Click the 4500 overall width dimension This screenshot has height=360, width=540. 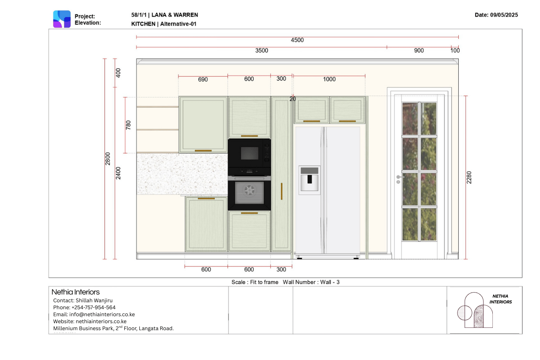[297, 40]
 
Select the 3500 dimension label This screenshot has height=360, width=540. [261, 50]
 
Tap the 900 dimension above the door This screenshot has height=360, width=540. [419, 50]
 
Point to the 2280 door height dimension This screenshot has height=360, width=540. [469, 177]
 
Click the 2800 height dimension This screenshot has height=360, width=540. [108, 159]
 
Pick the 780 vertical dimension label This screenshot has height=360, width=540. [128, 125]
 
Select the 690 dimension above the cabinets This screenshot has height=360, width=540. [203, 79]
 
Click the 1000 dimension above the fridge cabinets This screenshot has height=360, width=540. [329, 79]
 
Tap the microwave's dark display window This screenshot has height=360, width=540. [249, 153]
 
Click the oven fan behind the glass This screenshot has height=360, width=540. [249, 190]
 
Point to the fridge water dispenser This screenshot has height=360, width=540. [310, 180]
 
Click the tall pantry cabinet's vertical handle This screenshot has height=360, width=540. [282, 191]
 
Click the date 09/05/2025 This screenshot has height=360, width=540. [504, 15]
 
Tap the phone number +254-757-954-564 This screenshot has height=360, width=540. [93, 307]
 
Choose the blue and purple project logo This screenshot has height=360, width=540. [62, 19]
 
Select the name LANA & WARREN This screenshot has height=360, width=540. [175, 15]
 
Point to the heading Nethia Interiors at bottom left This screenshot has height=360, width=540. [76, 292]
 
